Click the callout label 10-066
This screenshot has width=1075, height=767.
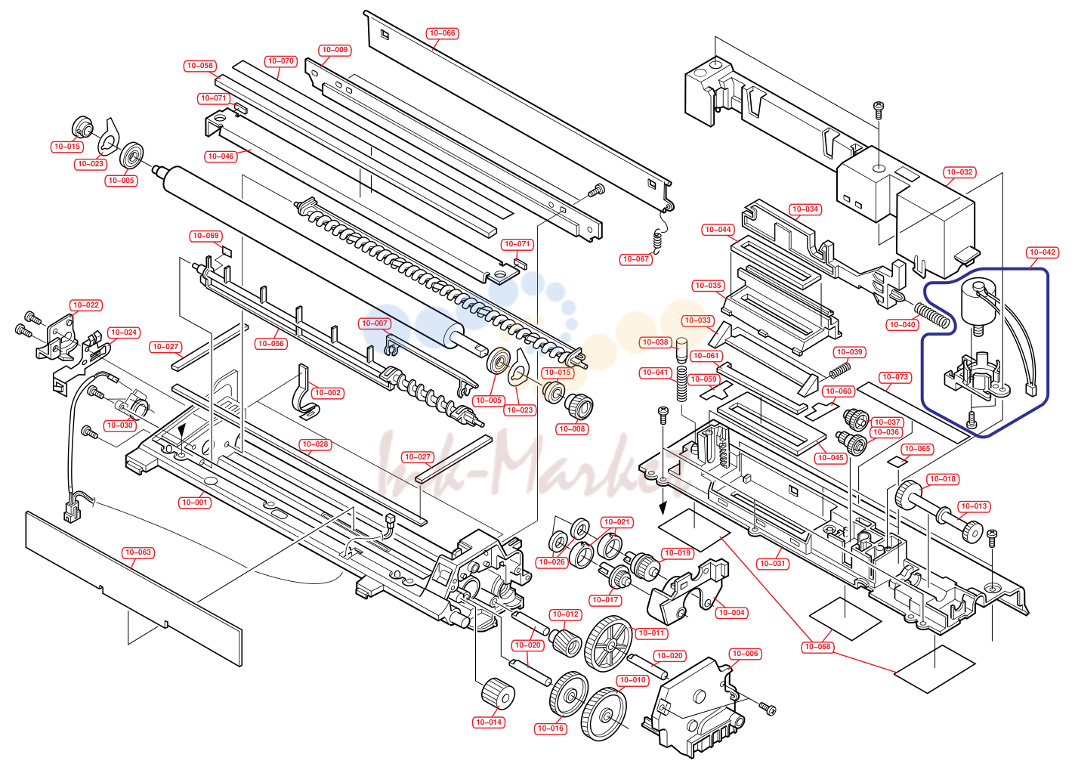[x=442, y=33]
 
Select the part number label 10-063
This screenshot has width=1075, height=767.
[x=137, y=552]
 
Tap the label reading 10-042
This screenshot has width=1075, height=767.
[x=1042, y=252]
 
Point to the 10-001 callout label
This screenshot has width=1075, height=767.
[x=194, y=503]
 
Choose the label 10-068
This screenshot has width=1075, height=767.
[x=817, y=647]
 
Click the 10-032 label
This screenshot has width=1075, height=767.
[x=959, y=172]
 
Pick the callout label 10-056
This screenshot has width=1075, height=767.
[x=271, y=343]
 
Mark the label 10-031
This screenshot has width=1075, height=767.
[x=772, y=563]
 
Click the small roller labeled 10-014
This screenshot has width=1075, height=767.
[x=497, y=694]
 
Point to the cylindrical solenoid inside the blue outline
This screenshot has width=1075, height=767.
[x=977, y=303]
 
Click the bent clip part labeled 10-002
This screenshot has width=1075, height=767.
[x=306, y=392]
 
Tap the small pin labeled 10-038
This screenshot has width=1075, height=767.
[x=682, y=351]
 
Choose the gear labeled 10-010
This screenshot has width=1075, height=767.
[x=604, y=713]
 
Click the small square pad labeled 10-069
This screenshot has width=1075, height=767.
[x=227, y=251]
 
